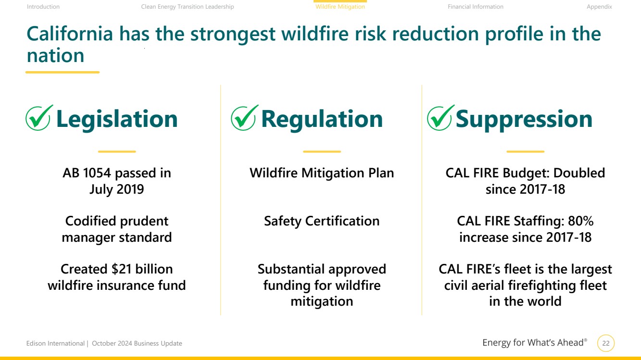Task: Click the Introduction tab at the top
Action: tap(43, 7)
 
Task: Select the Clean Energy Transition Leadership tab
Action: tap(188, 7)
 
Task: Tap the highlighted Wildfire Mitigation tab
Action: tap(340, 7)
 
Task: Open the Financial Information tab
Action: tap(475, 7)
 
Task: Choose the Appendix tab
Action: tap(599, 7)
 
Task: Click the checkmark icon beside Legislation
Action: tap(39, 118)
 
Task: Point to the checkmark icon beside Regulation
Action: tap(244, 118)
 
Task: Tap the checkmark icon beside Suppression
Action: tap(440, 118)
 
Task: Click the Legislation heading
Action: tap(117, 119)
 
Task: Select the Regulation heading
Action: tap(322, 119)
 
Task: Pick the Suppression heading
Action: tap(524, 120)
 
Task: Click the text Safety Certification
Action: tap(322, 221)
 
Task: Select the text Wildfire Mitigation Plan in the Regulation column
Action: tap(322, 174)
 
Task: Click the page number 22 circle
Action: tap(606, 343)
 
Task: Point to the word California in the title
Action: tap(70, 34)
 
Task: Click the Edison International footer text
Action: tap(55, 343)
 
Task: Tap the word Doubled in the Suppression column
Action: tap(579, 173)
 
